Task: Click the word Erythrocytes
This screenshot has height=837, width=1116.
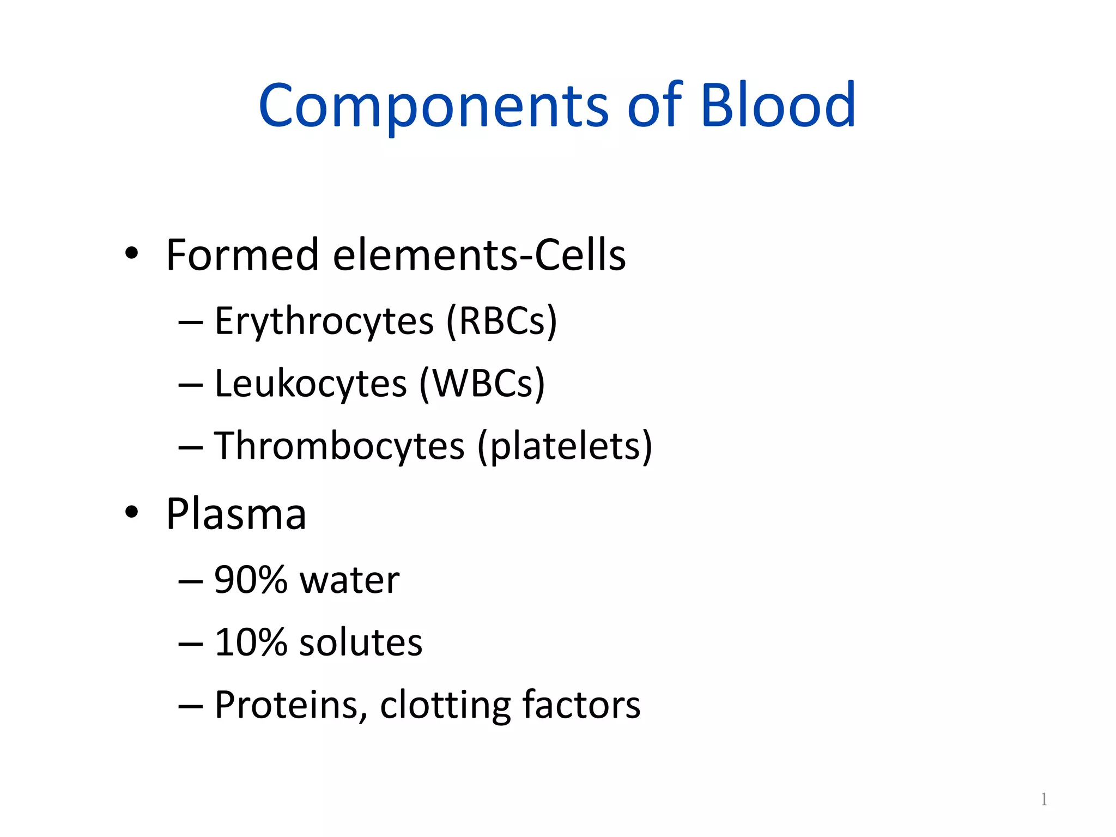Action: pos(324,322)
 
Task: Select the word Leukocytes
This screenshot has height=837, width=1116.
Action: pos(311,384)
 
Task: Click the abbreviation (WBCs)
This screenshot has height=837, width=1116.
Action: pos(482,384)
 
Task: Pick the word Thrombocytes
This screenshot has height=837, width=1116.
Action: pos(339,446)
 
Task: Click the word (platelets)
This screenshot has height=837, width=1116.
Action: pos(565,446)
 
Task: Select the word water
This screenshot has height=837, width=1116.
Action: pos(349,580)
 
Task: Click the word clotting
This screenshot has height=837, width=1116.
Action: pos(445,705)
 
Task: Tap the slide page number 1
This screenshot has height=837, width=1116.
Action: pos(1044,799)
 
